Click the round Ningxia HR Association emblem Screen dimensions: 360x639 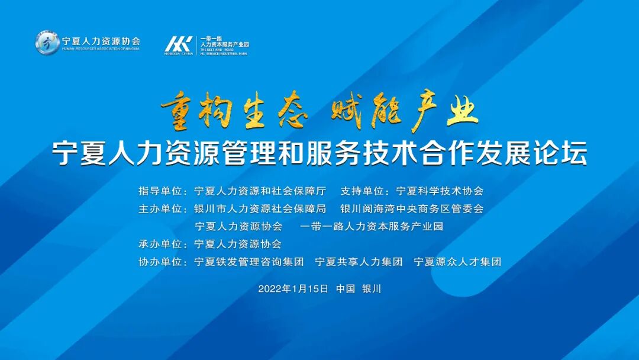coord(47,43)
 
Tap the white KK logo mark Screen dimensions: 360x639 coord(178,44)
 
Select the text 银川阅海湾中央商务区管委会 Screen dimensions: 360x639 coord(412,208)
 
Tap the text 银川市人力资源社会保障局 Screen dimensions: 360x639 coord(260,208)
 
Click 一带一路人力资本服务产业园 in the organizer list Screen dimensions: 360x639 coord(372,226)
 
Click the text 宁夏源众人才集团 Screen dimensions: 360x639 coord(457,261)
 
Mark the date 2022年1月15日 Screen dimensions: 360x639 coord(293,289)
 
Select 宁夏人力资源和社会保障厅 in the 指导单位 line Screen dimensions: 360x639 coord(260,191)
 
